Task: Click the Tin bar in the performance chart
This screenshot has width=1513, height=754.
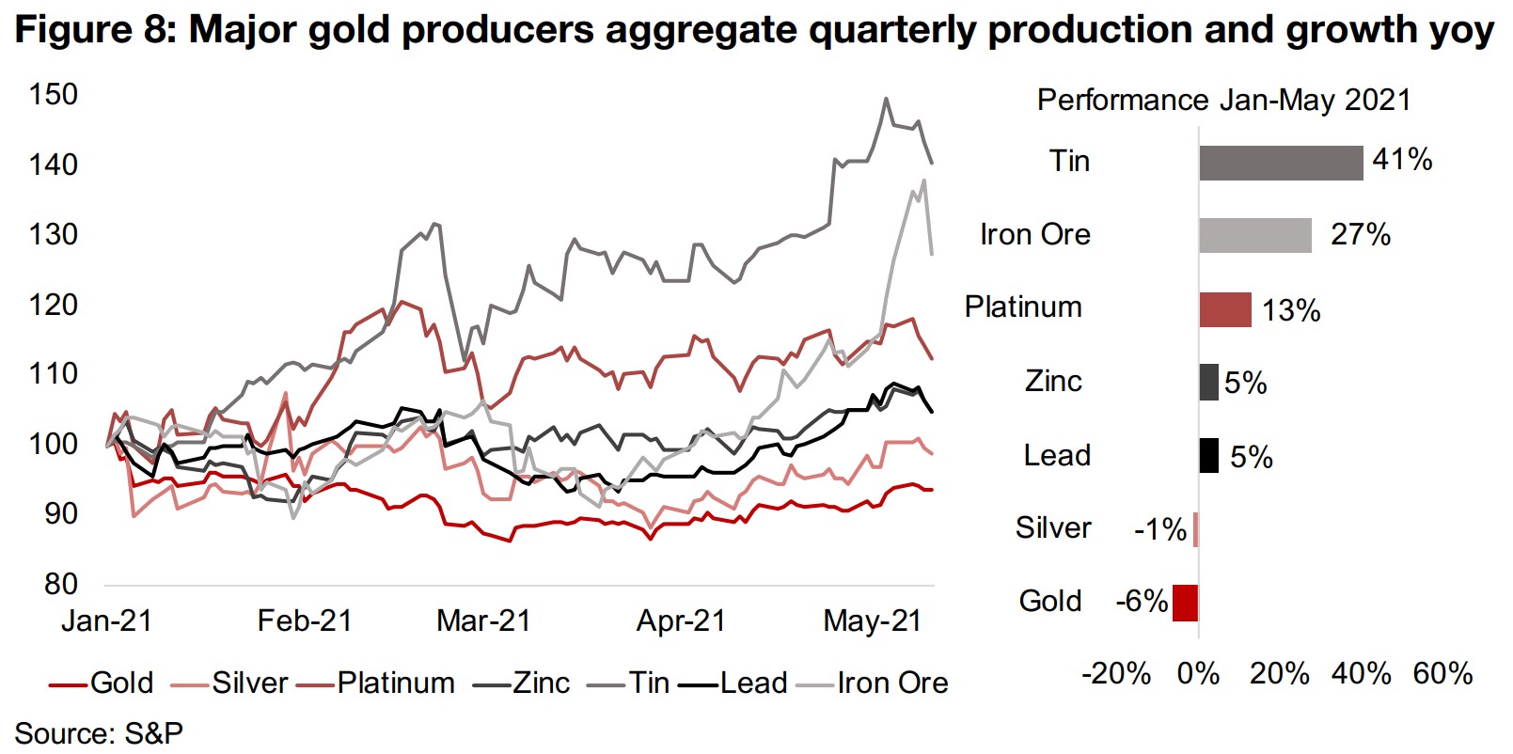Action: [1280, 163]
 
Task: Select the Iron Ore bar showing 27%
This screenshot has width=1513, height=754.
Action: [1254, 235]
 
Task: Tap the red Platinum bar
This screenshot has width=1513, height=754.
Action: [1224, 309]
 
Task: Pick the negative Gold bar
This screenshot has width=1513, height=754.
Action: [1185, 603]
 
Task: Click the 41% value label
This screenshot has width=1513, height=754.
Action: [1401, 160]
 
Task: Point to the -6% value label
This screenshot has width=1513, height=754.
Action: [1141, 601]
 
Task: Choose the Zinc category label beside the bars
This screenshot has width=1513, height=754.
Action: [1053, 382]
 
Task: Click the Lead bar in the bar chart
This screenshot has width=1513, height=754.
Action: [1208, 456]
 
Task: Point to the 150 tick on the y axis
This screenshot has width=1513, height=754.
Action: [54, 94]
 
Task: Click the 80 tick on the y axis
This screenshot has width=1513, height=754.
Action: [60, 584]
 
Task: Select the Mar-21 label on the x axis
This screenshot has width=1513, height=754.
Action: [483, 621]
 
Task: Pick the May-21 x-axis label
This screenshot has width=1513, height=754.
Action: [872, 621]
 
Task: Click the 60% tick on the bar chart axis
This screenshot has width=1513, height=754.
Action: [1442, 674]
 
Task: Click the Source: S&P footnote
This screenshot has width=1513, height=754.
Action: [98, 733]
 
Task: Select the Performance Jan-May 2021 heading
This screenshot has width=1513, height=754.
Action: [1223, 101]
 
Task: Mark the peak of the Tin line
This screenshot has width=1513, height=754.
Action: [885, 98]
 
